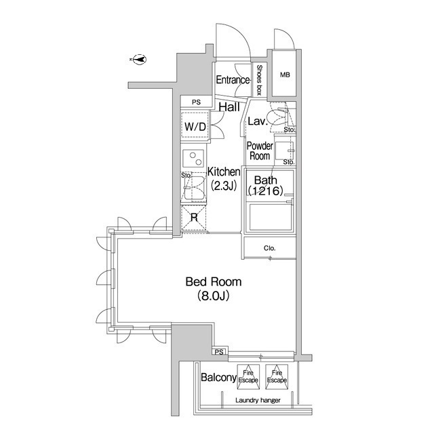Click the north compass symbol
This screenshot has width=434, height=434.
139,59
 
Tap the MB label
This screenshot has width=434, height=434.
285,75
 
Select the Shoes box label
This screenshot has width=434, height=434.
259,80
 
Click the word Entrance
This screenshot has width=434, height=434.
233,80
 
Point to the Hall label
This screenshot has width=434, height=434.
229,107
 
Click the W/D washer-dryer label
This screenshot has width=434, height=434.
195,127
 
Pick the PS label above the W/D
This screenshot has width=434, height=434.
196,102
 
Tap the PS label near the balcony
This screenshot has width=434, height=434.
219,353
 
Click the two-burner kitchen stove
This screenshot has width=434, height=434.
193,159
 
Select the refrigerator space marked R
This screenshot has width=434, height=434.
194,218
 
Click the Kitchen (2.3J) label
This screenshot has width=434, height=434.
224,179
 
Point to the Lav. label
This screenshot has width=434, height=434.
258,121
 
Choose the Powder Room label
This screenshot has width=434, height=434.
260,151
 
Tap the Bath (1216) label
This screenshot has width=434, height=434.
265,185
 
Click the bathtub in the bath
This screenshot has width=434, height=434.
271,217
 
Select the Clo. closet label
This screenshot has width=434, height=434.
270,248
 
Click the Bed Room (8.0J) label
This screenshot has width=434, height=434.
214,289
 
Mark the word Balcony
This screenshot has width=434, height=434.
218,377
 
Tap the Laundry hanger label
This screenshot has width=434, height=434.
258,401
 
